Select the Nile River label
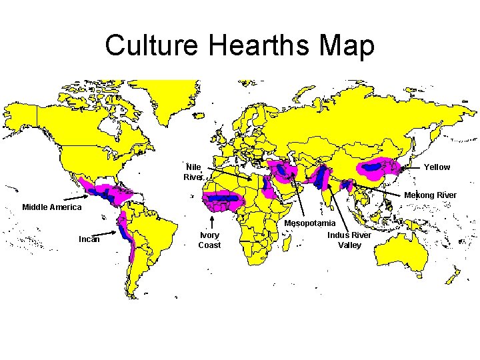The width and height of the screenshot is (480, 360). click(193, 172)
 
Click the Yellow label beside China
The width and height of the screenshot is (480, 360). click(437, 167)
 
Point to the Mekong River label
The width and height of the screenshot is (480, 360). click(430, 195)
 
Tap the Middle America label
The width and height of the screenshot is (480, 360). click(52, 207)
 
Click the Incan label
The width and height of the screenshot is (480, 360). click(89, 239)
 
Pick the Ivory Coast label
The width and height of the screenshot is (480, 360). click(209, 240)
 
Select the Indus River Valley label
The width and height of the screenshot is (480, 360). click(349, 240)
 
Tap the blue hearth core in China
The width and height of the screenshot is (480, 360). click(377, 164)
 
